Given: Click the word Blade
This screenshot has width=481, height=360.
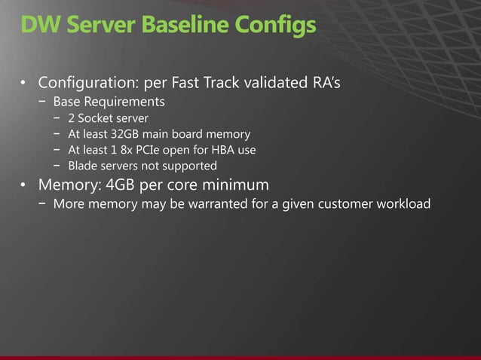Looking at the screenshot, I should [x=83, y=166].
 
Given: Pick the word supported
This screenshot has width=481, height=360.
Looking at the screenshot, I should [x=191, y=166].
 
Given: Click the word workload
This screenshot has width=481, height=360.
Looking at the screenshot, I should [x=402, y=204].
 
